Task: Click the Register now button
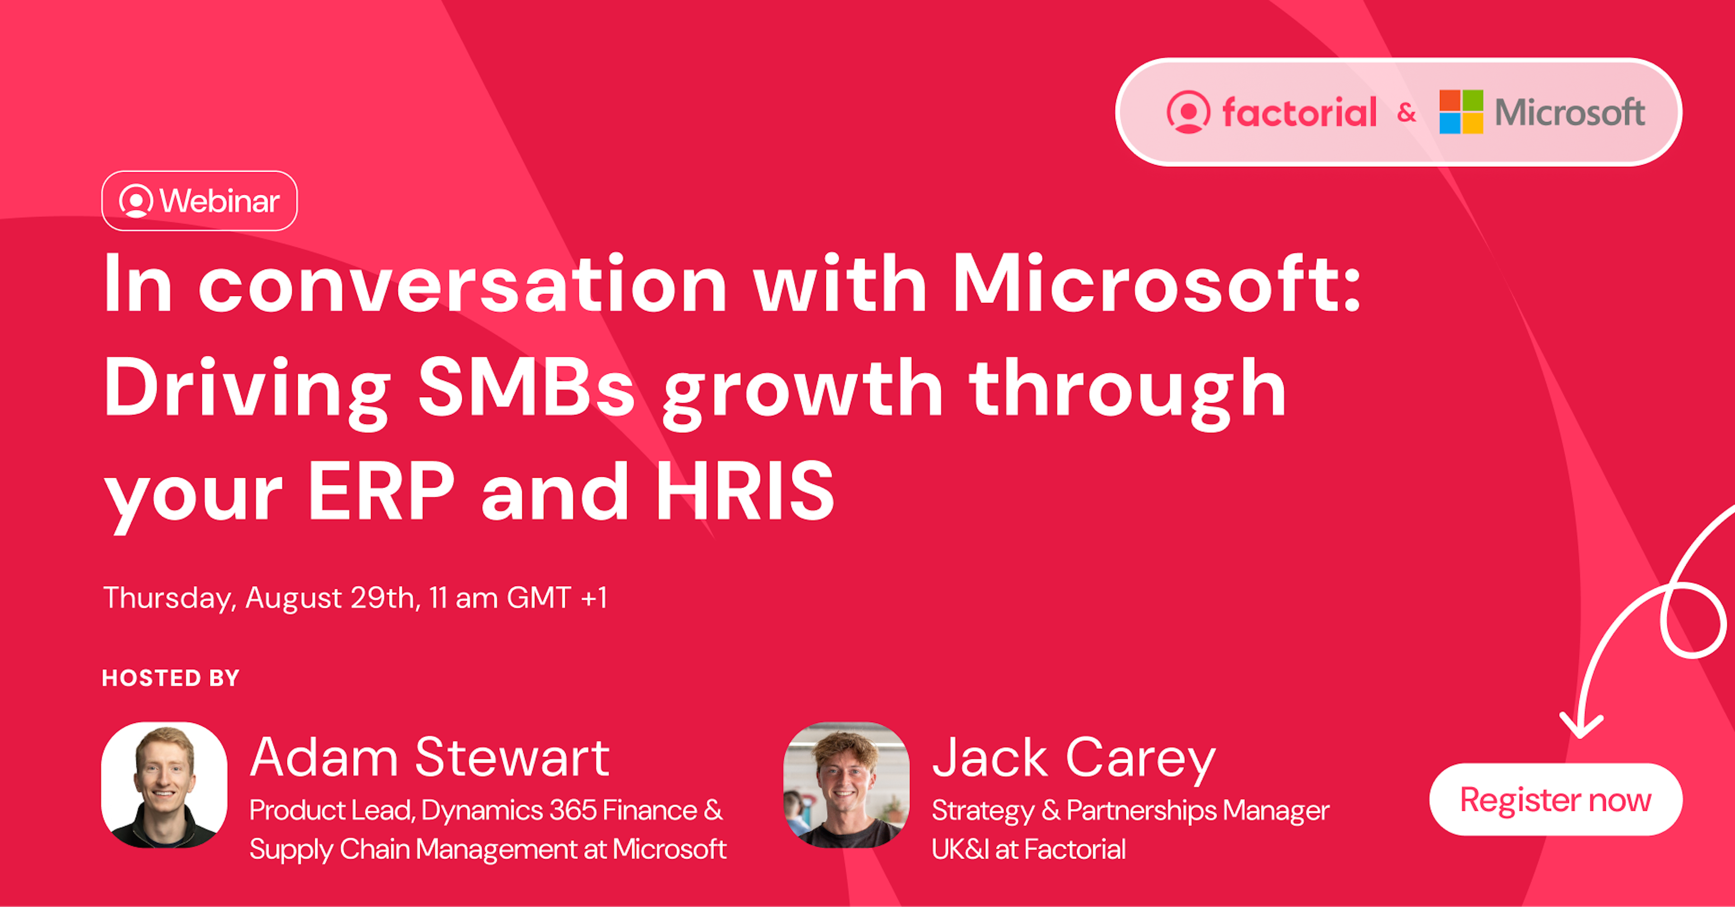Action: tap(1556, 800)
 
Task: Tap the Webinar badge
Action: tap(199, 201)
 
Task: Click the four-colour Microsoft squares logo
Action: tap(1461, 112)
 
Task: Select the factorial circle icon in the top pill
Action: tap(1188, 112)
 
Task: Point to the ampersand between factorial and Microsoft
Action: tap(1407, 113)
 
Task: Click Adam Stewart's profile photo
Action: tap(164, 785)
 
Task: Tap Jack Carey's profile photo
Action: tap(846, 785)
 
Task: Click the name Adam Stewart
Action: tap(430, 757)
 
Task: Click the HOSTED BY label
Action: tap(170, 678)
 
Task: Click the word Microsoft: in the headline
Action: tap(1157, 282)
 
